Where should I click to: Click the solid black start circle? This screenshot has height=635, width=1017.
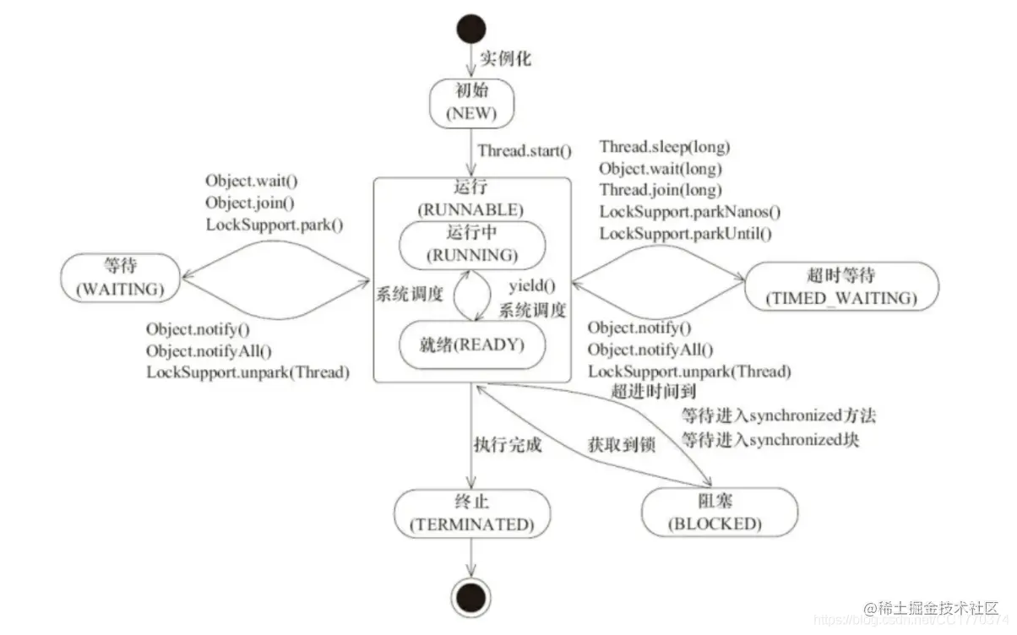(471, 29)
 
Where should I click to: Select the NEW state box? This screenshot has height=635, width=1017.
(471, 103)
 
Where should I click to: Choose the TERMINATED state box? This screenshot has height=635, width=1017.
(471, 513)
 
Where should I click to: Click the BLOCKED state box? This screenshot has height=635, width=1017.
(719, 513)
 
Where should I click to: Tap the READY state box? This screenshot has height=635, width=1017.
(471, 345)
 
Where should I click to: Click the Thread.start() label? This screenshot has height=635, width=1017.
(525, 153)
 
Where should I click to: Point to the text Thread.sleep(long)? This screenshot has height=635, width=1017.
(665, 146)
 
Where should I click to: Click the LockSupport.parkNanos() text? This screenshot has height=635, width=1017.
(690, 212)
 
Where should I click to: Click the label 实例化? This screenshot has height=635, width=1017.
(505, 60)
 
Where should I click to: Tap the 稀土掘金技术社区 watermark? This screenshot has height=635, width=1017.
(933, 609)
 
